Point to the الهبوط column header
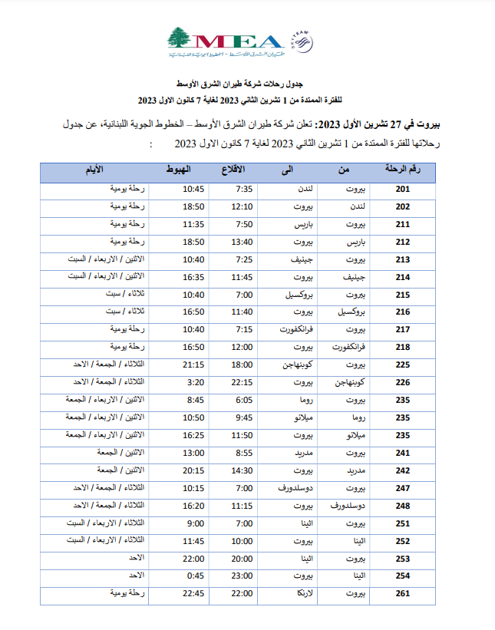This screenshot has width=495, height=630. pyautogui.click(x=179, y=170)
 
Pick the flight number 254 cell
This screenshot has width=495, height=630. pyautogui.click(x=403, y=576)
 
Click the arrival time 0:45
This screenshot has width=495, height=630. pyautogui.click(x=193, y=576)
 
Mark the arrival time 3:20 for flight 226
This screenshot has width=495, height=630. pyautogui.click(x=193, y=381)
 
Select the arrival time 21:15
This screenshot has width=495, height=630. pyautogui.click(x=193, y=364)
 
